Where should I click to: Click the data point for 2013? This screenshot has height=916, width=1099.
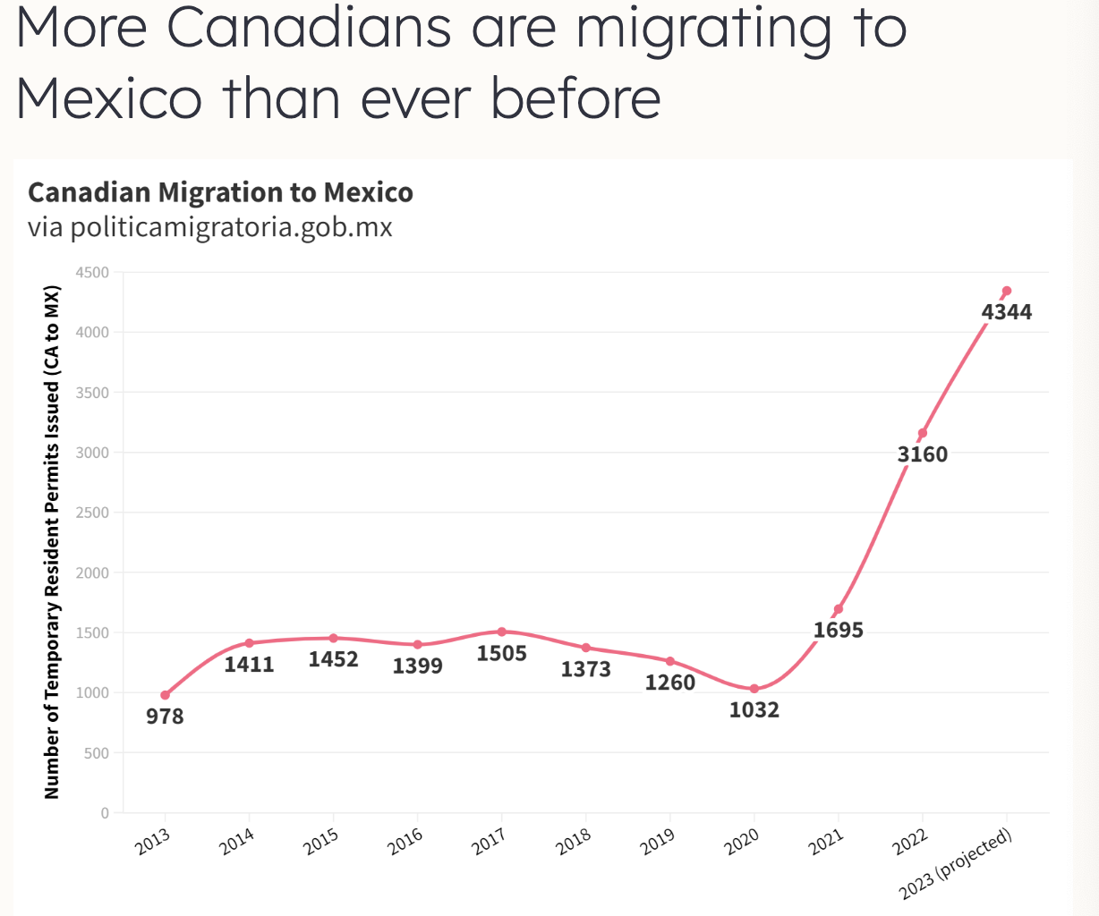point(165,695)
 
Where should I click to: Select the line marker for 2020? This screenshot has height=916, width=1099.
point(754,689)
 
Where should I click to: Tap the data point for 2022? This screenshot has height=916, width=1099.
point(923,433)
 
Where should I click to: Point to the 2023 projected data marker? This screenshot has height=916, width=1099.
point(1007,291)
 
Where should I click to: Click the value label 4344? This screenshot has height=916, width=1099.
point(1007,312)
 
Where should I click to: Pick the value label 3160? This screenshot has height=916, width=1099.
point(923,454)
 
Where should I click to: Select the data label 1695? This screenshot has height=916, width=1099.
point(839,631)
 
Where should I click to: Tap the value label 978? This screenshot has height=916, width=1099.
point(165,717)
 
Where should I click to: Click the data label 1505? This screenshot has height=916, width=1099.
point(502,654)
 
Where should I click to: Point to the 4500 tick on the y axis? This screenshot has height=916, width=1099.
point(92,273)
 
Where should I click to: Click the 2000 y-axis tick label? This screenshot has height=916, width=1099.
point(92,572)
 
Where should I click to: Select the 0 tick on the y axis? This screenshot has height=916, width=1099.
point(105,813)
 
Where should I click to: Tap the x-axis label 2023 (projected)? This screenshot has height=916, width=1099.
point(956,864)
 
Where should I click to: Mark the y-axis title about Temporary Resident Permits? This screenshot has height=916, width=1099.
point(52,542)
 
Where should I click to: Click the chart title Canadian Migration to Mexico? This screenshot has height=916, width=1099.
point(220,192)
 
